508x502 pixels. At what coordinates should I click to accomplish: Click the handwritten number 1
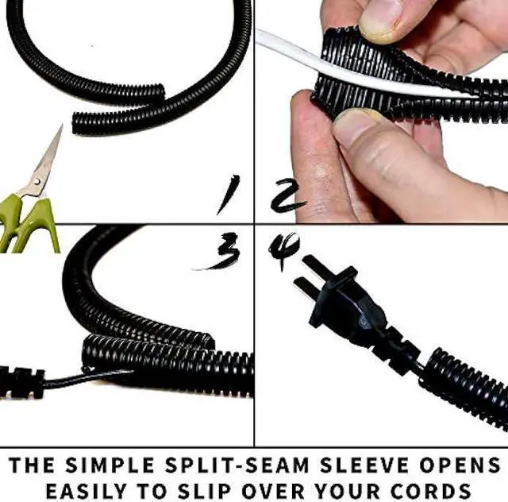(229, 195)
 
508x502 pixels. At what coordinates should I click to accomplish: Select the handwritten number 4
(283, 251)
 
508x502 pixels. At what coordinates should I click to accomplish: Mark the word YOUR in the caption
(358, 488)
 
